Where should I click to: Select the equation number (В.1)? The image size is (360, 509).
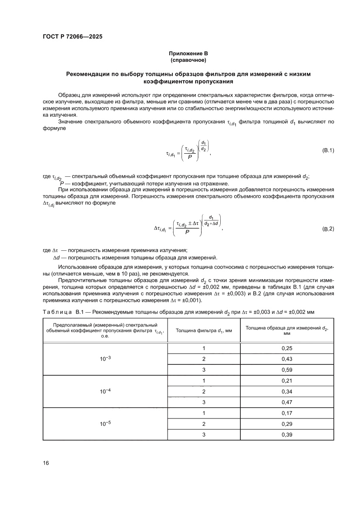click(x=327, y=151)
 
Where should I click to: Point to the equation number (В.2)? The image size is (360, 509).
click(x=327, y=229)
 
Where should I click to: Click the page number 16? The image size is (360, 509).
click(x=46, y=462)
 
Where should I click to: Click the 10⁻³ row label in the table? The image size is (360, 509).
click(x=105, y=358)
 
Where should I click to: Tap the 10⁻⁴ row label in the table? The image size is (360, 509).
click(x=105, y=391)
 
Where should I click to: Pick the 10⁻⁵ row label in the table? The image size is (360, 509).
click(x=105, y=423)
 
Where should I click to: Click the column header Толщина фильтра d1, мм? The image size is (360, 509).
click(x=203, y=330)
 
